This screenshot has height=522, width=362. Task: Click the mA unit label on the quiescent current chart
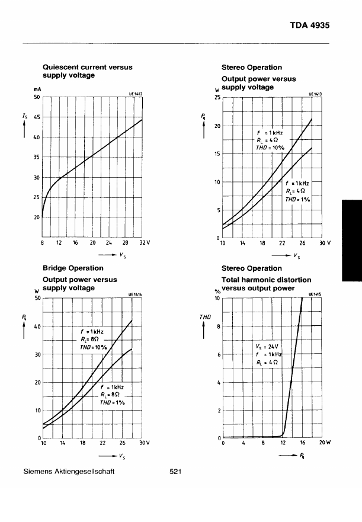point(37,90)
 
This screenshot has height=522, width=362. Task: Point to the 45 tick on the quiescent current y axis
point(37,117)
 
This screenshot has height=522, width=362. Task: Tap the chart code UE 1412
point(136,93)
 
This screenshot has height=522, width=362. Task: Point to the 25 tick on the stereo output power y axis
point(217,97)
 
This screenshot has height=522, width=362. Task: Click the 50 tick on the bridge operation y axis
point(37,299)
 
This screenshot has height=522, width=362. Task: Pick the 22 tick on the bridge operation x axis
point(102,443)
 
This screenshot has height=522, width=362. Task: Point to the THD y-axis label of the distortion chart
point(205,318)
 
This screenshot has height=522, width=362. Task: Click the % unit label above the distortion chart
point(217,292)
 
